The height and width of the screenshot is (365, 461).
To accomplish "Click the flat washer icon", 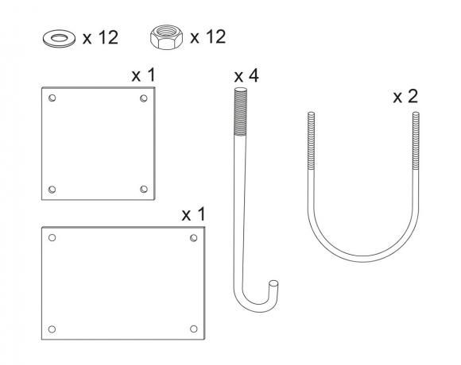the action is tap(59, 38).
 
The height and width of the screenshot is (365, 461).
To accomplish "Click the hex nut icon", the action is tap(166, 37).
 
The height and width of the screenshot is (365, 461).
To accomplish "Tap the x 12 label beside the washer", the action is tap(100, 37).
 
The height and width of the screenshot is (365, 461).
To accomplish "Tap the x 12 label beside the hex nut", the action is tap(208, 36).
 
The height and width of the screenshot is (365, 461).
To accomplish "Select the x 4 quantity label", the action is tap(246, 75).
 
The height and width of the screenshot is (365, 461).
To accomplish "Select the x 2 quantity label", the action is tap(405, 96).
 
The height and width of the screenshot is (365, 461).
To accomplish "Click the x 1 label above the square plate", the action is tap(143, 75).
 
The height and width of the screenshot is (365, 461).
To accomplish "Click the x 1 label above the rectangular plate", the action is tap(193, 214).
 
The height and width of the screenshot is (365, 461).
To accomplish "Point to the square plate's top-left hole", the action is tap(52, 98).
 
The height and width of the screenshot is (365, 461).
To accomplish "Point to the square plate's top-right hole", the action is tap(144, 98).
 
